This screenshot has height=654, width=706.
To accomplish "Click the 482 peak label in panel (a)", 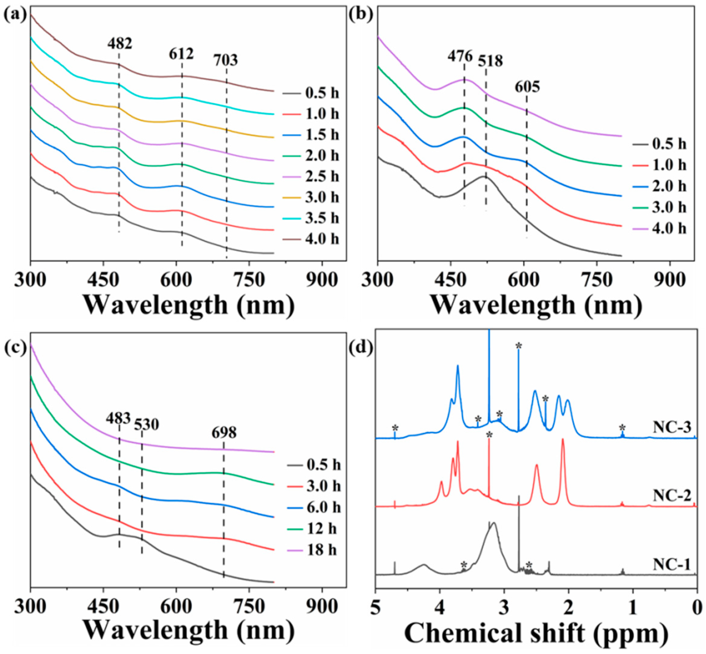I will [120, 43].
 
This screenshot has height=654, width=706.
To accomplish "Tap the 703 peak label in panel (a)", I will [226, 60].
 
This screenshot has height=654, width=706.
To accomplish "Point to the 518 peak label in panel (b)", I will [490, 61].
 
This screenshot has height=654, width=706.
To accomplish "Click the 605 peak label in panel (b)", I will [527, 87].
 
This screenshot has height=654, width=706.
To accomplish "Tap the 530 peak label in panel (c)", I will [146, 424].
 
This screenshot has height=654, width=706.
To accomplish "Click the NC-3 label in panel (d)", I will [671, 428].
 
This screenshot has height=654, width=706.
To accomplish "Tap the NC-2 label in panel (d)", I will [671, 496].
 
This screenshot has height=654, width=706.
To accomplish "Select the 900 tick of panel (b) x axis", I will [669, 281].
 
